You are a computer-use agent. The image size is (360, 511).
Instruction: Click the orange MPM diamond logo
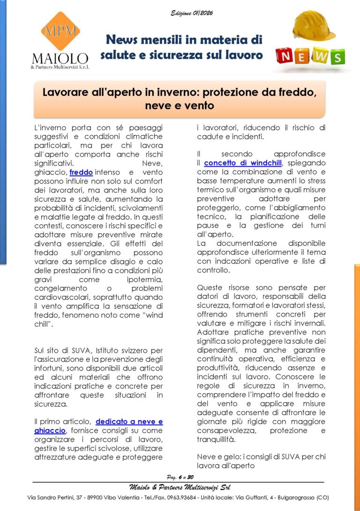point(60,31)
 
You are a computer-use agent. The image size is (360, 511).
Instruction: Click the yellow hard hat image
point(313,26)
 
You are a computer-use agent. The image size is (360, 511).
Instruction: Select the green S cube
point(337,57)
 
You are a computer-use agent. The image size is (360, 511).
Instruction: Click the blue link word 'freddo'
point(81,172)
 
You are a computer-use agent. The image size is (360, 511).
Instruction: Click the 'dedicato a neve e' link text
point(129,422)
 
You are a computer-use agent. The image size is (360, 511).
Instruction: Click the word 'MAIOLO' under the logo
point(60,59)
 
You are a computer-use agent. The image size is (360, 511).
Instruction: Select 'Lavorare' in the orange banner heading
point(64,92)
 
